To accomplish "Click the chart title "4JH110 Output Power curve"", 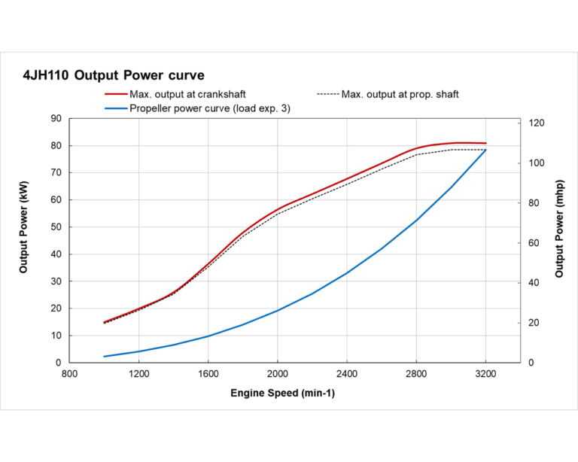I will (114, 75).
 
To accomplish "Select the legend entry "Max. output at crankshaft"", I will (187, 95).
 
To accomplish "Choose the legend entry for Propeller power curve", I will (210, 108).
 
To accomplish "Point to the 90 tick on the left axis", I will (56, 119).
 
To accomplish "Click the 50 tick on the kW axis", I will (56, 227).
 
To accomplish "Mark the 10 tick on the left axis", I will (56, 336).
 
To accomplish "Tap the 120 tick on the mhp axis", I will (537, 123).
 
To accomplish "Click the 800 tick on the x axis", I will (69, 373).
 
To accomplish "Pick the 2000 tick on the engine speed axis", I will (278, 373).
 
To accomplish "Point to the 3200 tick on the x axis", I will (486, 373).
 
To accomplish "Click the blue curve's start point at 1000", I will (105, 356).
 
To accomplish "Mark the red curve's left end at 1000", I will (105, 322).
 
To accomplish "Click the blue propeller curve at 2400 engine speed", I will (347, 272).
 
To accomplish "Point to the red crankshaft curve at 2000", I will (278, 208).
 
